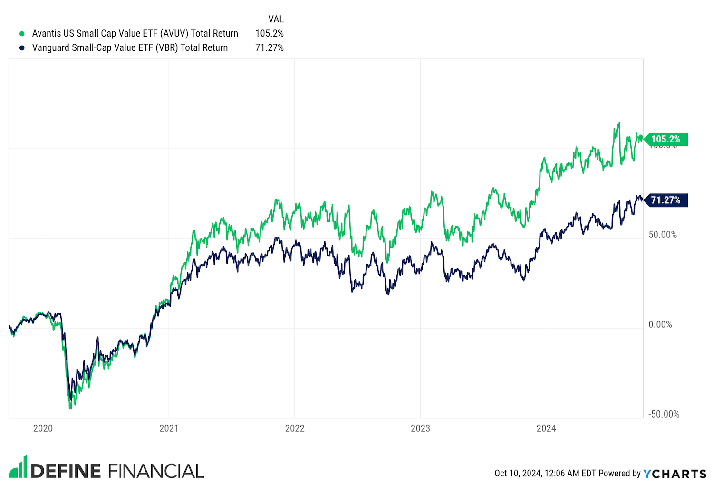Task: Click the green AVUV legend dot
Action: click(x=22, y=34)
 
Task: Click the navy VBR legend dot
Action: click(x=22, y=48)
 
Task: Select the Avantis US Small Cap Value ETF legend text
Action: click(x=135, y=34)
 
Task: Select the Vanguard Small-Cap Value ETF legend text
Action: click(x=130, y=48)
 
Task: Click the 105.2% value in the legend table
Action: click(x=270, y=34)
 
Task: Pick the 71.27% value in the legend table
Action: click(x=270, y=48)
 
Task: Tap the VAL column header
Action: click(x=276, y=19)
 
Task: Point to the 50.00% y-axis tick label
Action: click(x=663, y=235)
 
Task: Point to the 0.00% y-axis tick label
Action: click(x=660, y=325)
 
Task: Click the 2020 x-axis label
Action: click(x=43, y=428)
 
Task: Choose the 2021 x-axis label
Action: click(x=169, y=428)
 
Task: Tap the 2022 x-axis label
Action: click(x=295, y=428)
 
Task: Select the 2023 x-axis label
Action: click(x=420, y=428)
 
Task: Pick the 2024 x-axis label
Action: click(x=546, y=428)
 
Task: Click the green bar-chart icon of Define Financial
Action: click(x=18, y=467)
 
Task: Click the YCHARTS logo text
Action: click(x=675, y=474)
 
